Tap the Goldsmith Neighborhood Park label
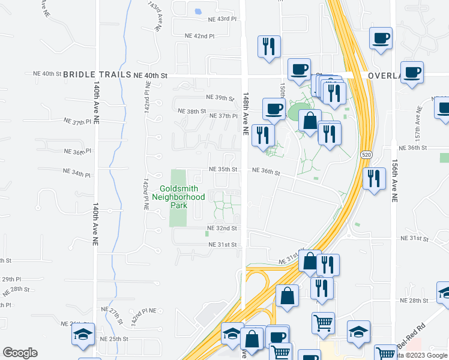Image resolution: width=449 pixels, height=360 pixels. click(x=178, y=196)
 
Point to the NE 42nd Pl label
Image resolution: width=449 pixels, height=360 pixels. click(x=199, y=36)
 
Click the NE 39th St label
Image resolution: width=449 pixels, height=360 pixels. click(x=219, y=97)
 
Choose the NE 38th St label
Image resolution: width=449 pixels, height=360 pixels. click(x=192, y=111)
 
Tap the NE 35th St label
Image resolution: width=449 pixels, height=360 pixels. click(x=223, y=170)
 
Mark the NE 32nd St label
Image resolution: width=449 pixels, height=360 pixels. click(x=222, y=229)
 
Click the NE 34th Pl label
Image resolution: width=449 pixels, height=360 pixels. click(x=77, y=175)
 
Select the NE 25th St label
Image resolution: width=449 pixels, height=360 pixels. click(x=114, y=339)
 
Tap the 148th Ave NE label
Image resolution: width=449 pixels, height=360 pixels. click(x=245, y=114)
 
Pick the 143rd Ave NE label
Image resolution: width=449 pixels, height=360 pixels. click(x=154, y=16)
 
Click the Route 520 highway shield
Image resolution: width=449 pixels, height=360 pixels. click(x=366, y=155)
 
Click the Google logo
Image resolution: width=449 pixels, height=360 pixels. click(x=20, y=353)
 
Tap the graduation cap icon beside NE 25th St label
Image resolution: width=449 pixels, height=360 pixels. click(x=83, y=336)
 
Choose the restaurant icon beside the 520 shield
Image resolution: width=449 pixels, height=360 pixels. click(x=374, y=178)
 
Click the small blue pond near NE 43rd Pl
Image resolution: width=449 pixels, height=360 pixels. click(x=198, y=10)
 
